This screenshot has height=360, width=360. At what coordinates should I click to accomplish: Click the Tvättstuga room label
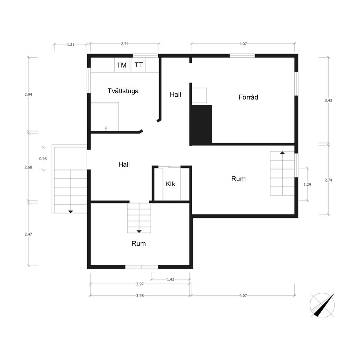pyautogui.click(x=123, y=91)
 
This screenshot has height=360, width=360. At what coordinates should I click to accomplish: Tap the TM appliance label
pyautogui.click(x=121, y=65)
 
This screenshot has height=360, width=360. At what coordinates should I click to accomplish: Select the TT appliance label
pyautogui.click(x=139, y=65)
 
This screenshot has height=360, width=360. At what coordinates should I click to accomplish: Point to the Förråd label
pyautogui.click(x=248, y=97)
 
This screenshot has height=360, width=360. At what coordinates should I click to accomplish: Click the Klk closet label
pyautogui.click(x=171, y=184)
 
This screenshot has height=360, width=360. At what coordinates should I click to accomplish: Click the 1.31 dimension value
pyautogui.click(x=70, y=45)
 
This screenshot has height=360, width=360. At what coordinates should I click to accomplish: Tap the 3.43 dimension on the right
pyautogui.click(x=328, y=100)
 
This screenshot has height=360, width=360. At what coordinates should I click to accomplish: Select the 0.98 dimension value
pyautogui.click(x=43, y=159)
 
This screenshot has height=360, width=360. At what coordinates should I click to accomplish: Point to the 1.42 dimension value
pyautogui.click(x=171, y=279)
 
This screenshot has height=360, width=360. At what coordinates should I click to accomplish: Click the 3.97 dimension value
pyautogui.click(x=140, y=284)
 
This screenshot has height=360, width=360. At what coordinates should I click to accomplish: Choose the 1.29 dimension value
pyautogui.click(x=307, y=184)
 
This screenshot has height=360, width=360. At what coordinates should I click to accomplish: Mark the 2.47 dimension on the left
pyautogui.click(x=28, y=234)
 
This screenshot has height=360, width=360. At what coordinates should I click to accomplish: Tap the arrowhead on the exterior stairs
pyautogui.click(x=70, y=212)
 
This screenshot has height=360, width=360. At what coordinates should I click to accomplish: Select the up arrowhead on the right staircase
pyautogui.click(x=282, y=153)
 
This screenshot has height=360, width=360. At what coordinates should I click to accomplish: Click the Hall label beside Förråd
pyautogui.click(x=175, y=94)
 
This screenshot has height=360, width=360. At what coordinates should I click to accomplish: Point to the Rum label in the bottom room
pyautogui.click(x=139, y=243)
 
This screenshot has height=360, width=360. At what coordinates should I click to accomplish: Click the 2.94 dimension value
pyautogui.click(x=28, y=94)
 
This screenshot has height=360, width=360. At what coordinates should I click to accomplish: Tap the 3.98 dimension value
pyautogui.click(x=140, y=295)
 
